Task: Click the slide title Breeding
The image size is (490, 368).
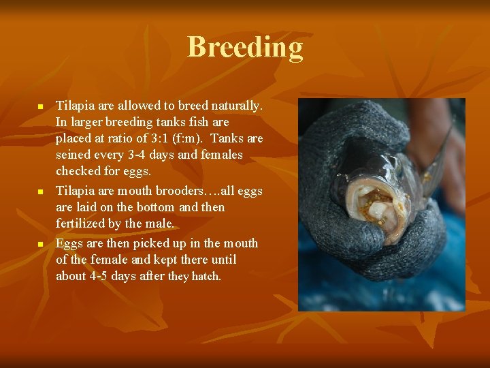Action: (245, 48)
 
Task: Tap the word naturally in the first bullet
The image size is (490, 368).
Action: (239, 106)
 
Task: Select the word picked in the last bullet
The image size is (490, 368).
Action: (154, 243)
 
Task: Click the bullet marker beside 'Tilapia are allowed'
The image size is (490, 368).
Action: (40, 108)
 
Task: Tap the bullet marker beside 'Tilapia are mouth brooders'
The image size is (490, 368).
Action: (40, 192)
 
